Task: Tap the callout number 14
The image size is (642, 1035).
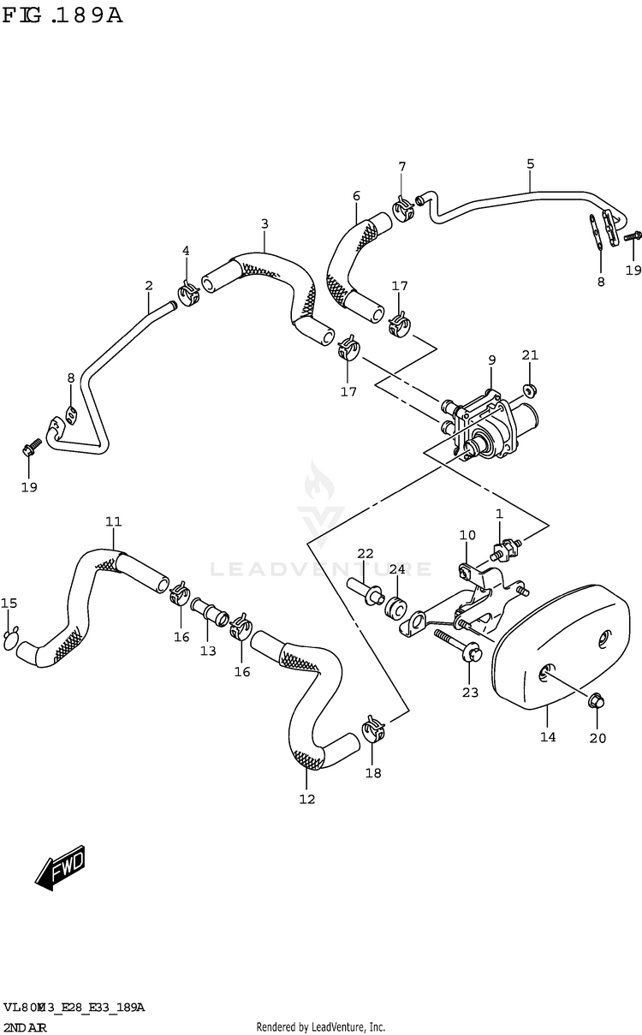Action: [548, 736]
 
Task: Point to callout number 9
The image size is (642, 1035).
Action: [492, 360]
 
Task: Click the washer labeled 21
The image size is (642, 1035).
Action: [531, 390]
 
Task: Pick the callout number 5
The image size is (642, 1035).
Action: [530, 164]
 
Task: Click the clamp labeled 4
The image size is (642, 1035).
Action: [188, 293]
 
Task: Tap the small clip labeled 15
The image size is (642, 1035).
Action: [9, 636]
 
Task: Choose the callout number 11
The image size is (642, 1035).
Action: [114, 521]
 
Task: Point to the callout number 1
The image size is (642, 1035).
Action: [499, 514]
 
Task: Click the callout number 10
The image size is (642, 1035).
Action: [467, 535]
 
